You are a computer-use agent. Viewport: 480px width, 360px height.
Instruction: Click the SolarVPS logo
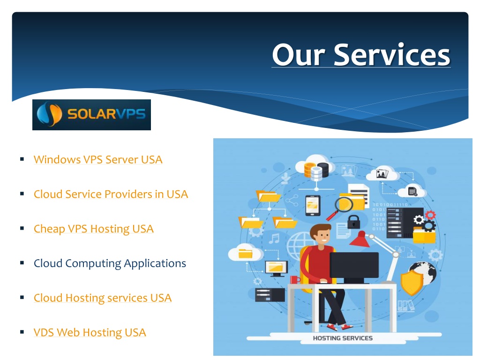pyautogui.click(x=91, y=115)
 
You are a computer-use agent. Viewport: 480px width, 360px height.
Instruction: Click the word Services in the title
pyautogui.click(x=392, y=55)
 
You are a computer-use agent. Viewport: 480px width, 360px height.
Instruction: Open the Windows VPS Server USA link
pyautogui.click(x=98, y=159)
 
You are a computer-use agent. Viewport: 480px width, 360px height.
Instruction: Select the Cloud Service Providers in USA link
pyautogui.click(x=111, y=194)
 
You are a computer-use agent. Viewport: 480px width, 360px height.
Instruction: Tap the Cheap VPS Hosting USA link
pyautogui.click(x=94, y=229)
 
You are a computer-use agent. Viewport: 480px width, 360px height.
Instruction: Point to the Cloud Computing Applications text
pyautogui.click(x=110, y=263)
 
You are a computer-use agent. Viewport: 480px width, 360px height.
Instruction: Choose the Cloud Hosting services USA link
pyautogui.click(x=103, y=298)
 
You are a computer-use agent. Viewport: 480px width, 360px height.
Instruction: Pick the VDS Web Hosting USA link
pyautogui.click(x=90, y=332)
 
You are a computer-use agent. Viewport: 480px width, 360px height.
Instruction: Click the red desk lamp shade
pyautogui.click(x=360, y=240)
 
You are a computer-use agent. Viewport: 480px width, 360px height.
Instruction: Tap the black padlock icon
pyautogui.click(x=353, y=222)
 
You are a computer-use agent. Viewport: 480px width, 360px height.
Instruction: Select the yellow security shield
pyautogui.click(x=412, y=283)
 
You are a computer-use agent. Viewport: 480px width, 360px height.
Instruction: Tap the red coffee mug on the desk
pyautogui.click(x=295, y=280)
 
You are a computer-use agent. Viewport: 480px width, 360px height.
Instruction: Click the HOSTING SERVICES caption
pyautogui.click(x=343, y=338)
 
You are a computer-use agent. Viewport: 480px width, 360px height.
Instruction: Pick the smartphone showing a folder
pyautogui.click(x=313, y=205)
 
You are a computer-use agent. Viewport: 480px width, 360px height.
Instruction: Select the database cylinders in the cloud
pyautogui.click(x=316, y=171)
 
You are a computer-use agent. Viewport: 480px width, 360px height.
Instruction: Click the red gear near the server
pyautogui.click(x=430, y=215)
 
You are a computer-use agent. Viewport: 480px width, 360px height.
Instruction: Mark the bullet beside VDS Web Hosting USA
pyautogui.click(x=22, y=332)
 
